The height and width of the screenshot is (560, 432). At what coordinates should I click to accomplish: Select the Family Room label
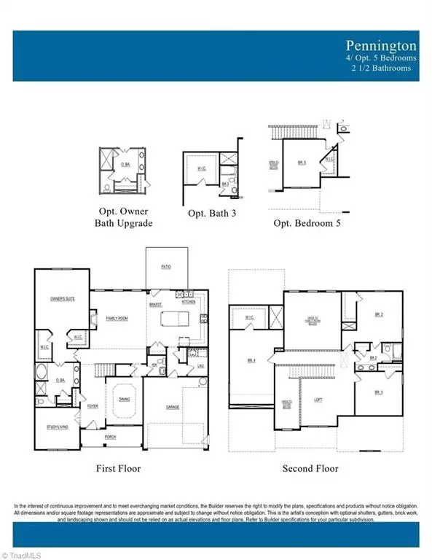click(117, 319)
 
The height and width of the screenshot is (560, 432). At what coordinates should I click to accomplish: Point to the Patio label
click(167, 268)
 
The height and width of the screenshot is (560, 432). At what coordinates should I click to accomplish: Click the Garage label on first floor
click(172, 406)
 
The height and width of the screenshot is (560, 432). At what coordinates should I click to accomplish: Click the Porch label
click(110, 437)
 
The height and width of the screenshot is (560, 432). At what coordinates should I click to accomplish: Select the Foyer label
click(93, 406)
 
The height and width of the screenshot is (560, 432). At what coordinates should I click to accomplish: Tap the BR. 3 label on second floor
click(378, 392)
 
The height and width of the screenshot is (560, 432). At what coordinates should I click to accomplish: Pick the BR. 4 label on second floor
click(251, 360)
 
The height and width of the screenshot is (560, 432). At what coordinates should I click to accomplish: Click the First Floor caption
click(119, 468)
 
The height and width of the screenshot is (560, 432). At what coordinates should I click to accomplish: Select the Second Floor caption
click(310, 468)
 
